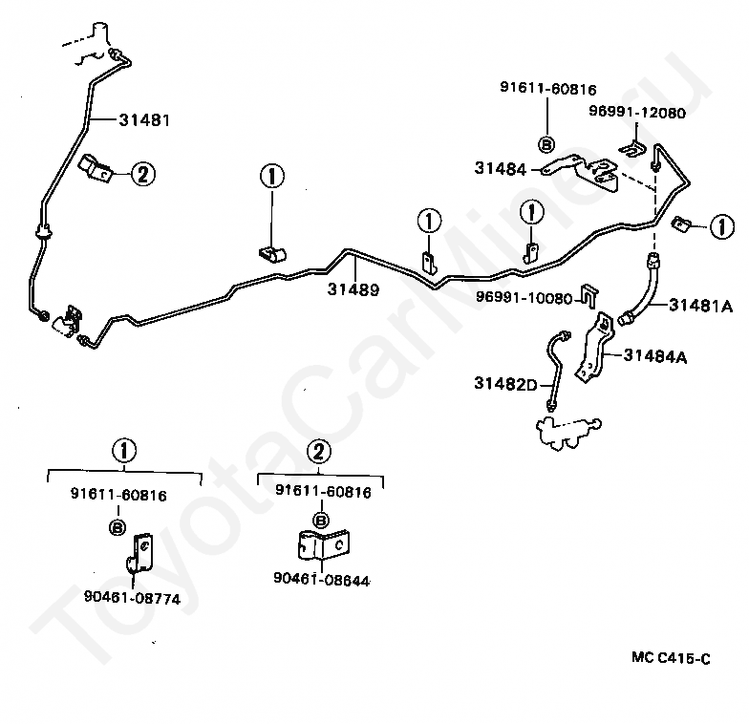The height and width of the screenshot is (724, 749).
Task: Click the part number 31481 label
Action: pos(144,120)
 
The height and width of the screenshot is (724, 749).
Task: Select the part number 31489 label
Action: pos(353,289)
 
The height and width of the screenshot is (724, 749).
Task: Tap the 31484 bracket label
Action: pos(501,168)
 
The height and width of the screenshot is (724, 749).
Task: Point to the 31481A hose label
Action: pos(701,306)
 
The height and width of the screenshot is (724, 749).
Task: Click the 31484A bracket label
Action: pos(655,356)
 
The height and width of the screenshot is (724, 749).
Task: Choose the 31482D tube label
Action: pos(506,384)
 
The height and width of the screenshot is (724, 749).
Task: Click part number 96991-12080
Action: pos(637,113)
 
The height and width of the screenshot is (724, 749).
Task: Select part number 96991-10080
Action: pos(524,298)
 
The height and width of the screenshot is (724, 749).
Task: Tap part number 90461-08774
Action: pos(132,598)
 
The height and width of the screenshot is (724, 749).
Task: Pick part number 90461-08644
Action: pos(321,579)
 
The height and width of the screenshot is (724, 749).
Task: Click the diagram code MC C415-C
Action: pos(671,658)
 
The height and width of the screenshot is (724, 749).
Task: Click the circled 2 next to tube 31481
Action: pos(143,174)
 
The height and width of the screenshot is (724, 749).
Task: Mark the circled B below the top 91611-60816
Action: pos(546,144)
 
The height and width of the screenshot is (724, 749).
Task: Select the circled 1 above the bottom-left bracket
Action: pos(124,451)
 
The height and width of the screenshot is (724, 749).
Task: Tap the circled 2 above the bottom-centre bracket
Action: pos(319,451)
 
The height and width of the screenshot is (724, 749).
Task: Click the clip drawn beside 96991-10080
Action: pos(589,297)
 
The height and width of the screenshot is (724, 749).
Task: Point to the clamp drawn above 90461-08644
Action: pos(323,544)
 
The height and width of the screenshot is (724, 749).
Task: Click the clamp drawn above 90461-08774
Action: pos(139,553)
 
